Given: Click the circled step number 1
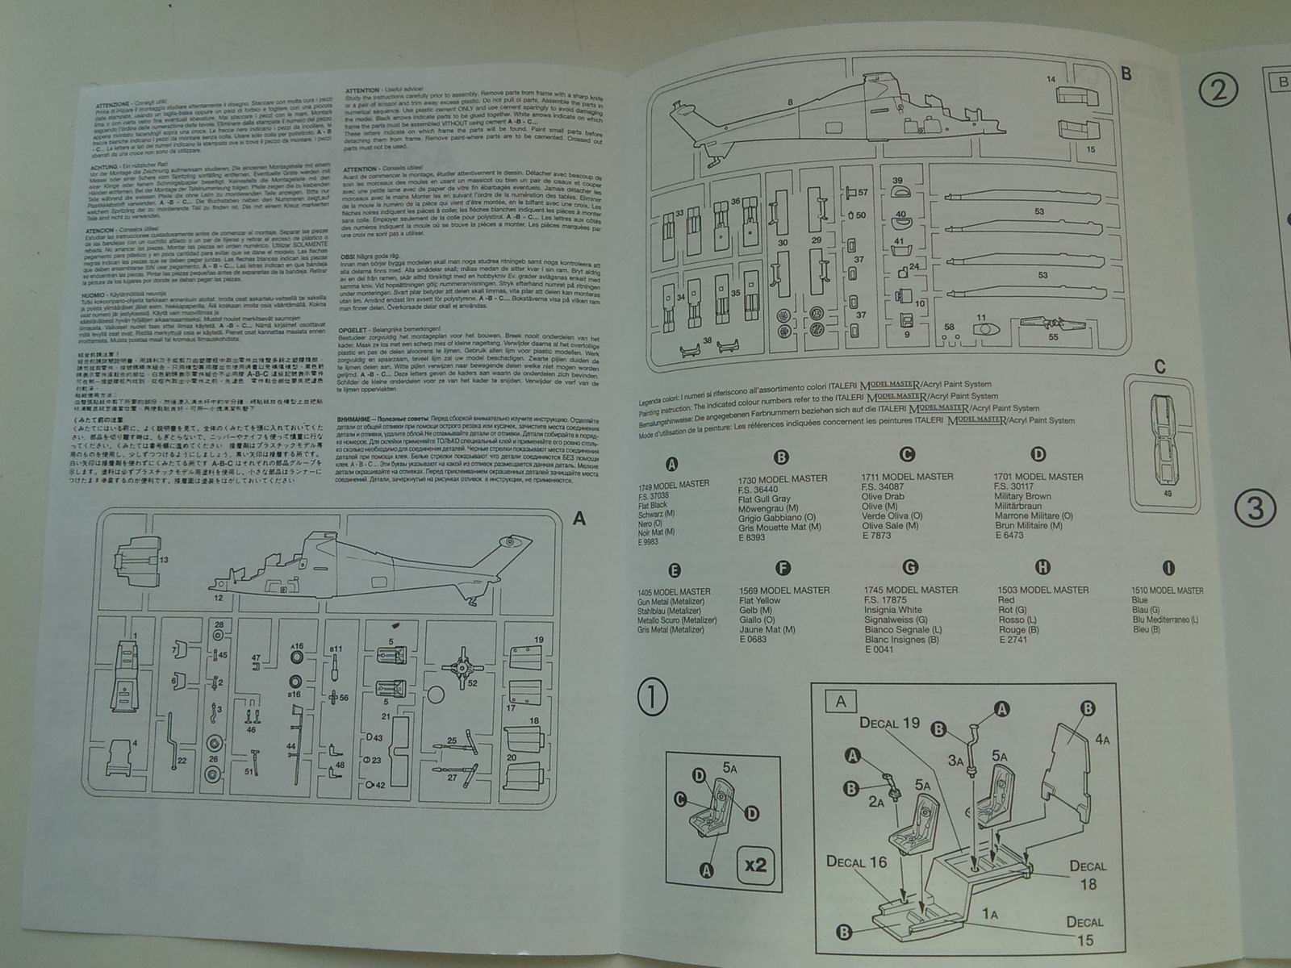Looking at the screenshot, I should pyautogui.click(x=653, y=698).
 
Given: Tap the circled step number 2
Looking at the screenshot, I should pyautogui.click(x=1218, y=90).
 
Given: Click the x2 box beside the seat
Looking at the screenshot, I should pyautogui.click(x=755, y=866).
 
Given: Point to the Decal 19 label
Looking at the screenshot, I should pyautogui.click(x=889, y=723).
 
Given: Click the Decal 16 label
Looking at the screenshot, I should pyautogui.click(x=856, y=862).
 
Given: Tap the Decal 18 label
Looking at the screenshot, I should pyautogui.click(x=1088, y=874).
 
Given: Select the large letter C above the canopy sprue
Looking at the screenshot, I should pyautogui.click(x=1159, y=366).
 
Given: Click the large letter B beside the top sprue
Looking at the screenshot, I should pyautogui.click(x=1126, y=74).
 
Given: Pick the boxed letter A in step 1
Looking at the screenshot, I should pyautogui.click(x=841, y=701).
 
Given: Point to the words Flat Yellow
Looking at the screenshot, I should pyautogui.click(x=759, y=600).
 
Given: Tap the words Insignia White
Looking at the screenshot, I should pyautogui.click(x=892, y=610).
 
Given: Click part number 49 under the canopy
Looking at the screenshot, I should pyautogui.click(x=1168, y=494).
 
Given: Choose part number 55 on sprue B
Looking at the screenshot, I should pyautogui.click(x=1053, y=338).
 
